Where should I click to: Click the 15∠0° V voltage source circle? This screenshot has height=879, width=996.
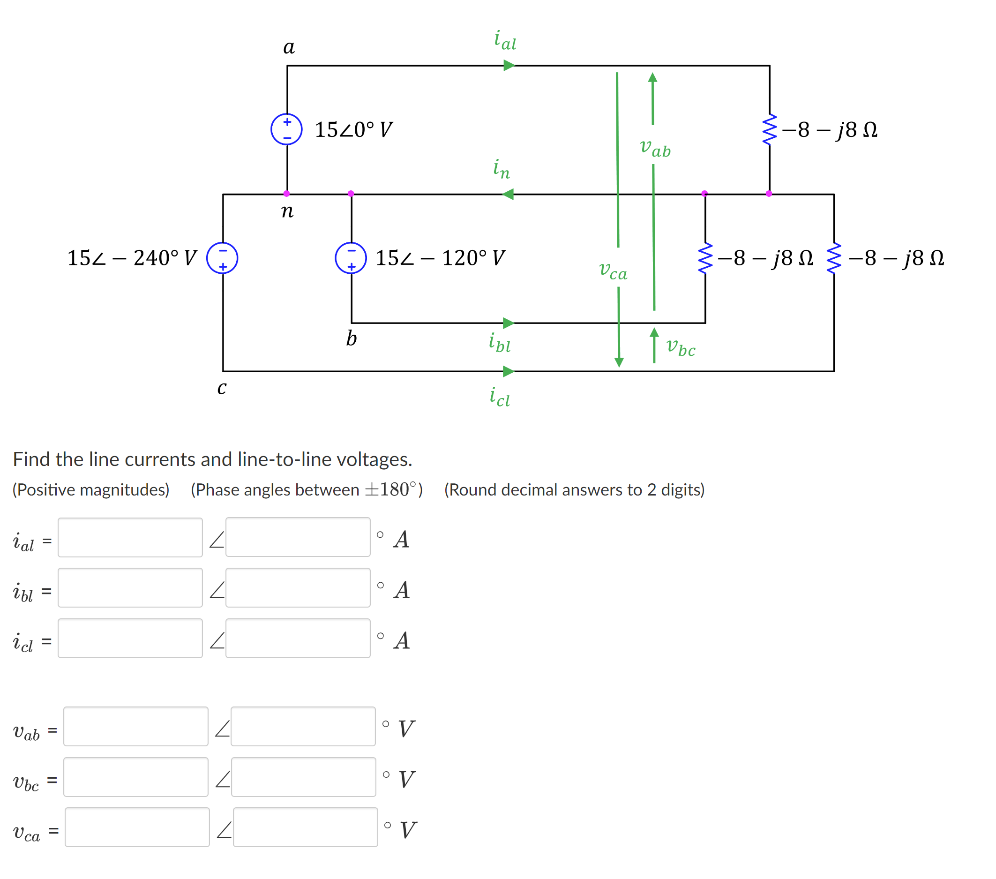tap(286, 129)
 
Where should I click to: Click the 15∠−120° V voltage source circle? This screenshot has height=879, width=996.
tap(351, 258)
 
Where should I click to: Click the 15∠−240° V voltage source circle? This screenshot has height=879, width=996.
tap(222, 258)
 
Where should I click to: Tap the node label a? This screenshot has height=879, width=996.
tap(289, 47)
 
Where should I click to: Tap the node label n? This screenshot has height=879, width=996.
tap(287, 211)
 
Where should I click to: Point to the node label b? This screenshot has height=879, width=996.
tap(352, 338)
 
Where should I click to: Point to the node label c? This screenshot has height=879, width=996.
tap(222, 388)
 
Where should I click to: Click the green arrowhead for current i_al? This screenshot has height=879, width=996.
tap(509, 65)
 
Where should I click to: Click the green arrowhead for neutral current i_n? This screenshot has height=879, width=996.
tap(508, 195)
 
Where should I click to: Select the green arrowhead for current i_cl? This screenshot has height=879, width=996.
tap(509, 371)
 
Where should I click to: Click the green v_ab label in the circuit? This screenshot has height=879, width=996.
tap(655, 147)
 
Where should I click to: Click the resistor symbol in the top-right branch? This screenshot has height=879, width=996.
tap(770, 129)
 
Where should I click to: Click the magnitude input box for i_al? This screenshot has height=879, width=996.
tap(130, 537)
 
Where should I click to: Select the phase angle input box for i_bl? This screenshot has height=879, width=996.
tap(298, 587)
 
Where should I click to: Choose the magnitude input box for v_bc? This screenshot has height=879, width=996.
tap(136, 777)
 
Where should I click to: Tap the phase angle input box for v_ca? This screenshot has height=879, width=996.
tap(305, 827)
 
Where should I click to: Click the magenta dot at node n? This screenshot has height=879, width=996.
tap(286, 194)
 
